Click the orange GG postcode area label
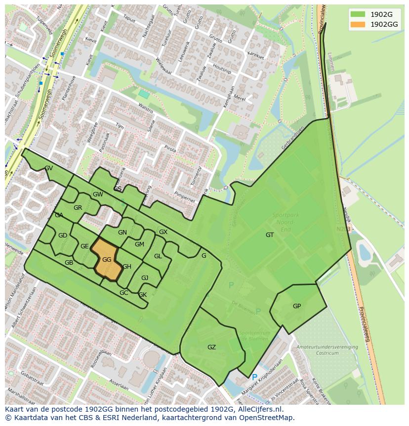107,260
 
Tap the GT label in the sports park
270,235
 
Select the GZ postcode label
211,347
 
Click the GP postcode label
297,306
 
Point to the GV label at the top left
48,168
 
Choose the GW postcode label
98,194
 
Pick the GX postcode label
163,232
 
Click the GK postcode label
142,295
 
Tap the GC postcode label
123,293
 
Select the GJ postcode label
145,278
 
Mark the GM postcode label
139,244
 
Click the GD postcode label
62,236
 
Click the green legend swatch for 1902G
358,14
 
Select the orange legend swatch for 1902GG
358,24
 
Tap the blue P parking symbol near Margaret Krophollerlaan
254,378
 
